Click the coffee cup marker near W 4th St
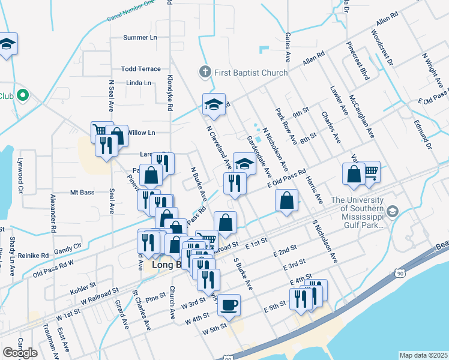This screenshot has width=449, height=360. pyautogui.click(x=229, y=305)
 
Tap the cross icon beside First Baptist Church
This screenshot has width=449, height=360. pyautogui.click(x=204, y=73)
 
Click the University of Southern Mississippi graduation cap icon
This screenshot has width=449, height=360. pyautogui.click(x=393, y=211)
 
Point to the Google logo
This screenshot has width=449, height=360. pyautogui.click(x=20, y=353)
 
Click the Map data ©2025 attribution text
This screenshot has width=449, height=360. pyautogui.click(x=423, y=355)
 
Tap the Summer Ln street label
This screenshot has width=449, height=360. pyautogui.click(x=140, y=38)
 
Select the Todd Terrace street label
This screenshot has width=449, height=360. pyautogui.click(x=141, y=69)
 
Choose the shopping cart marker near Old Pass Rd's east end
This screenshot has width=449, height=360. pyautogui.click(x=370, y=172)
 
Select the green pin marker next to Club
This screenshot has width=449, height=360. pyautogui.click(x=23, y=95)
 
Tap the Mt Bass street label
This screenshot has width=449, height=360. pyautogui.click(x=83, y=193)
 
